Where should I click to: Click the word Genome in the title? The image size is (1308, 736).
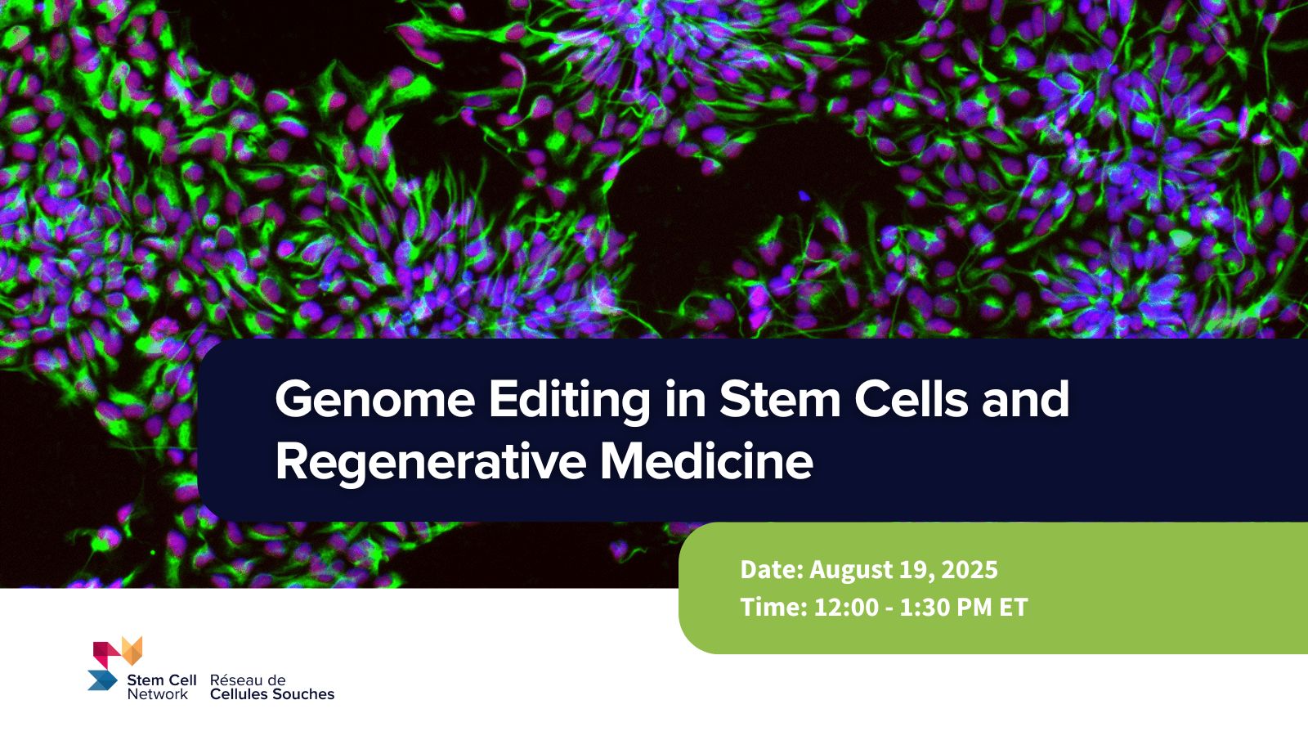click(x=375, y=399)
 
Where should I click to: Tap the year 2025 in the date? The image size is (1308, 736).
click(x=972, y=569)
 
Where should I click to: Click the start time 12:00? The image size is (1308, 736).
click(x=846, y=608)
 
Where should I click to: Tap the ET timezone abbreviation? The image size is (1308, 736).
click(x=1014, y=608)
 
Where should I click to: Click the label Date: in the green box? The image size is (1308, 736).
click(x=772, y=569)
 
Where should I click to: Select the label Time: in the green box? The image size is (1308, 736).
click(x=773, y=608)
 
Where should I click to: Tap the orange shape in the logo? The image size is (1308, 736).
click(x=132, y=651)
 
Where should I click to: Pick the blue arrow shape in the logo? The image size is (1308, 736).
click(x=103, y=680)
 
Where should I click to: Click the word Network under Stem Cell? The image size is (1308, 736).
click(x=158, y=694)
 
